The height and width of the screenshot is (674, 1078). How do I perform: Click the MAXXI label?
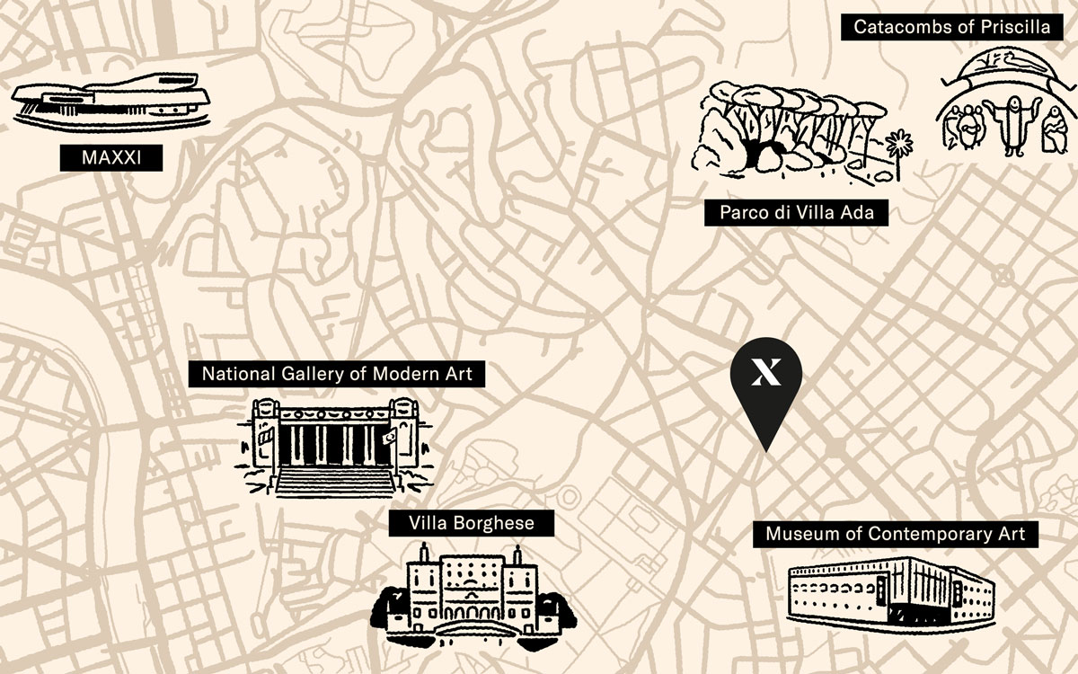pos(110,158)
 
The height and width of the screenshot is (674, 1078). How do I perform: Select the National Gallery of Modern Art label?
pos(336,374)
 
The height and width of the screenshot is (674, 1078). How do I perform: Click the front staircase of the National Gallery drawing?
pos(335,481)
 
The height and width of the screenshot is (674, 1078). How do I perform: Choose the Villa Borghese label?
pos(471,523)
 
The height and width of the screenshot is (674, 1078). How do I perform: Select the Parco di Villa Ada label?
pos(803,213)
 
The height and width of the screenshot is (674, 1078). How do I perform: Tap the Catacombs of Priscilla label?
pos(951,27)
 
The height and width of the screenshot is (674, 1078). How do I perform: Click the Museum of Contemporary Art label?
pos(895,534)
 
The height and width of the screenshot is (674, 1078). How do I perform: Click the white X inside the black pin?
pos(765,371)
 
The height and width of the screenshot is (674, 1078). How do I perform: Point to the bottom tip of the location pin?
pos(765,448)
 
